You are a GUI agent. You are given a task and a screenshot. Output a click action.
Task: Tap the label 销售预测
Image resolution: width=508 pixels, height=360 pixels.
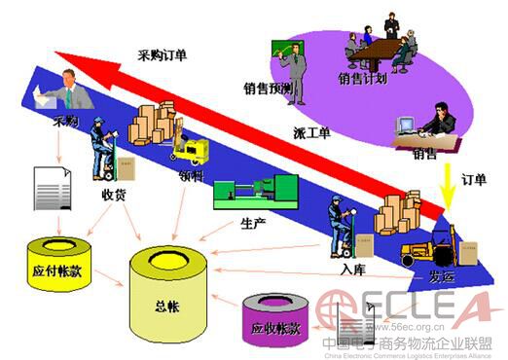269,89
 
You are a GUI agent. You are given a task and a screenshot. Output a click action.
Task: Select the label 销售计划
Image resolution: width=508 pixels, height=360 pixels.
364,77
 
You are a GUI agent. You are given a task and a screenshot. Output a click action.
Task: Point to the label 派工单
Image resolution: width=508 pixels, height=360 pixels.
309,130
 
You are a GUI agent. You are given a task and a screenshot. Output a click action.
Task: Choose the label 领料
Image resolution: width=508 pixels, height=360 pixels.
191,177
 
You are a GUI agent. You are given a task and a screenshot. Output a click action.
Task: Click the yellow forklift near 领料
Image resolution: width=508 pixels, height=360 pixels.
191,147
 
